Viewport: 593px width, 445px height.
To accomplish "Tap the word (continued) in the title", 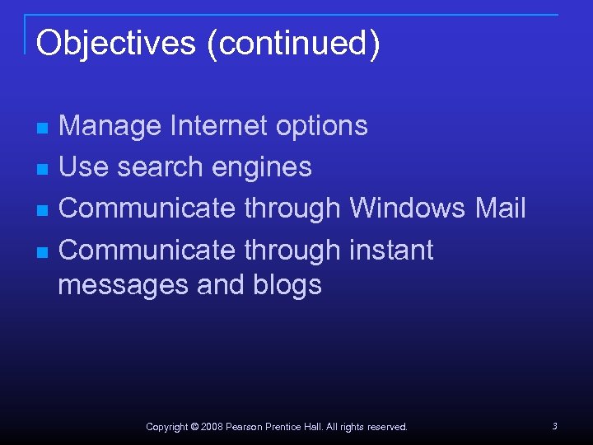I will pos(293,44).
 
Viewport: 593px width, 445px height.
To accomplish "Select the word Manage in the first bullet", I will pos(110,126).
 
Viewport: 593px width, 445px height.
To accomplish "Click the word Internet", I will pos(218,126).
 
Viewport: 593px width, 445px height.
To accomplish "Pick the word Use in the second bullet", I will pos(84,167).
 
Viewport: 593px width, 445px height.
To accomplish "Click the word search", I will pos(161,167).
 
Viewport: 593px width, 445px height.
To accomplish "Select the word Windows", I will pos(407,208).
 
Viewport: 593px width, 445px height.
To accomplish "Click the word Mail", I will pos(499,208).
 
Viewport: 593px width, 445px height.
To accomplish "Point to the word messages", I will pos(121,286).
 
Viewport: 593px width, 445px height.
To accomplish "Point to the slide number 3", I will pos(555,426).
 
